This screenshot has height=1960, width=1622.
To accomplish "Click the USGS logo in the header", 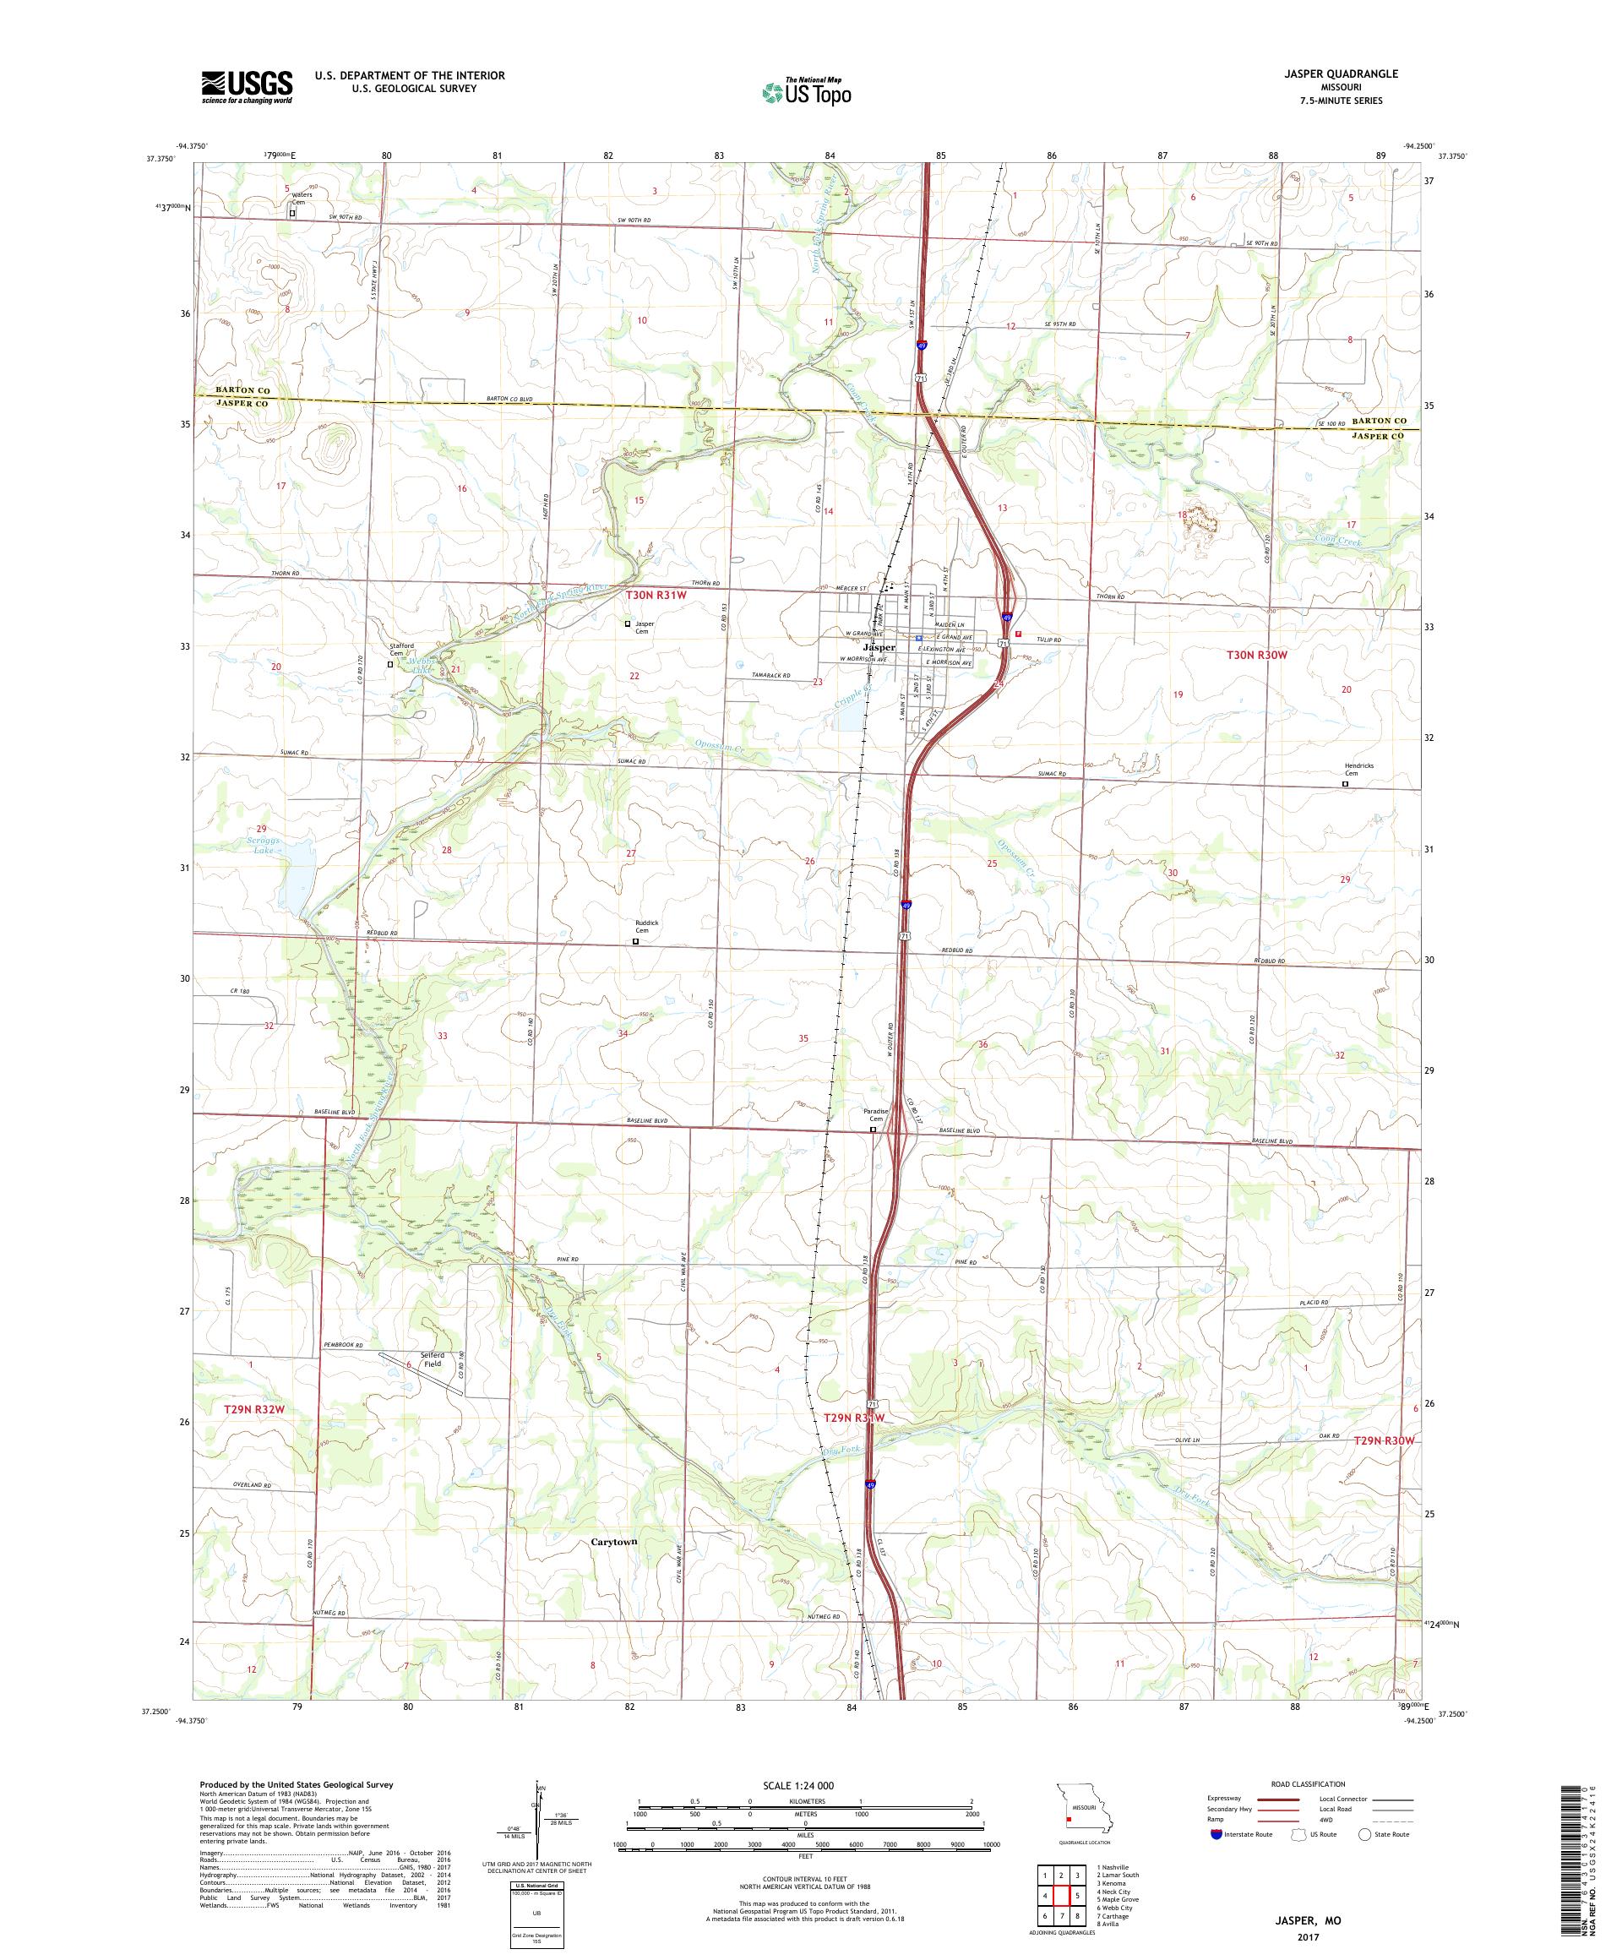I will tap(247, 88).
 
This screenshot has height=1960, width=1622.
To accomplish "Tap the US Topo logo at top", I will tap(808, 91).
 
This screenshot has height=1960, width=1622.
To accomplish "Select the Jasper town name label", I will tap(879, 647).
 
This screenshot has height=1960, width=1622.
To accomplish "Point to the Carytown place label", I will tap(614, 1541).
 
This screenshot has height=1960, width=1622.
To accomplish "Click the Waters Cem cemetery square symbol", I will tap(292, 213).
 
